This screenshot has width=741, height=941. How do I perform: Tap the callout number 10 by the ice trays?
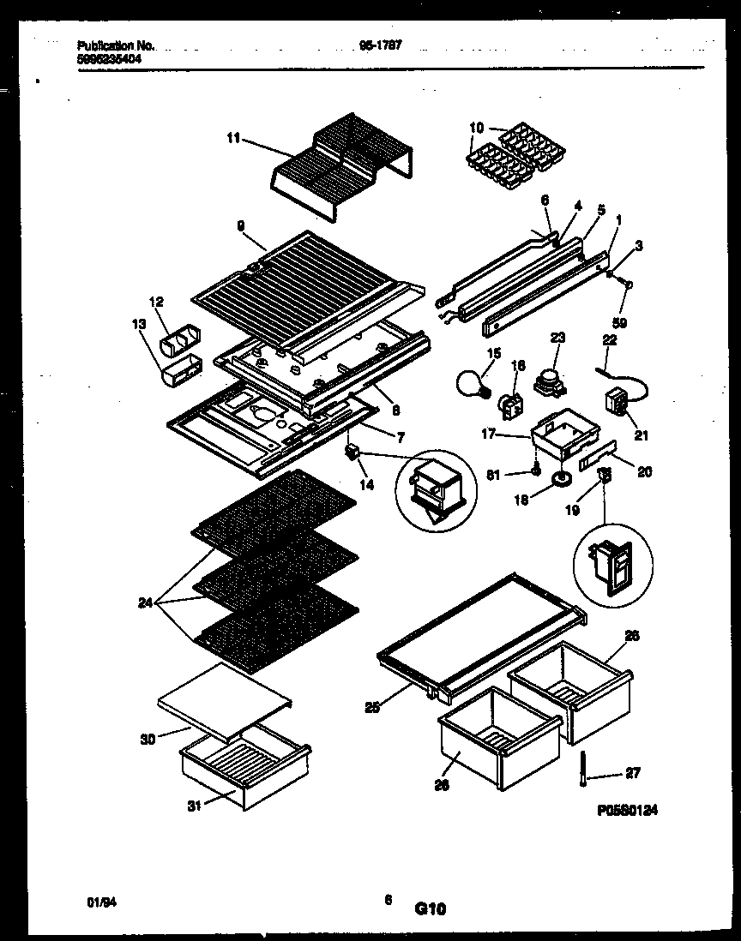[477, 129]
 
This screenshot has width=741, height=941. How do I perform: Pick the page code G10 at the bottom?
[431, 909]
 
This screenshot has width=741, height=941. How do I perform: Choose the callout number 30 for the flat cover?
[148, 739]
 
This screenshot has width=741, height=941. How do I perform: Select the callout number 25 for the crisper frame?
[370, 706]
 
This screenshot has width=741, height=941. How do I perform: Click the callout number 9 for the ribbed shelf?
[241, 225]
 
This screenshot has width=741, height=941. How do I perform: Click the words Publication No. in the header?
[116, 46]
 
